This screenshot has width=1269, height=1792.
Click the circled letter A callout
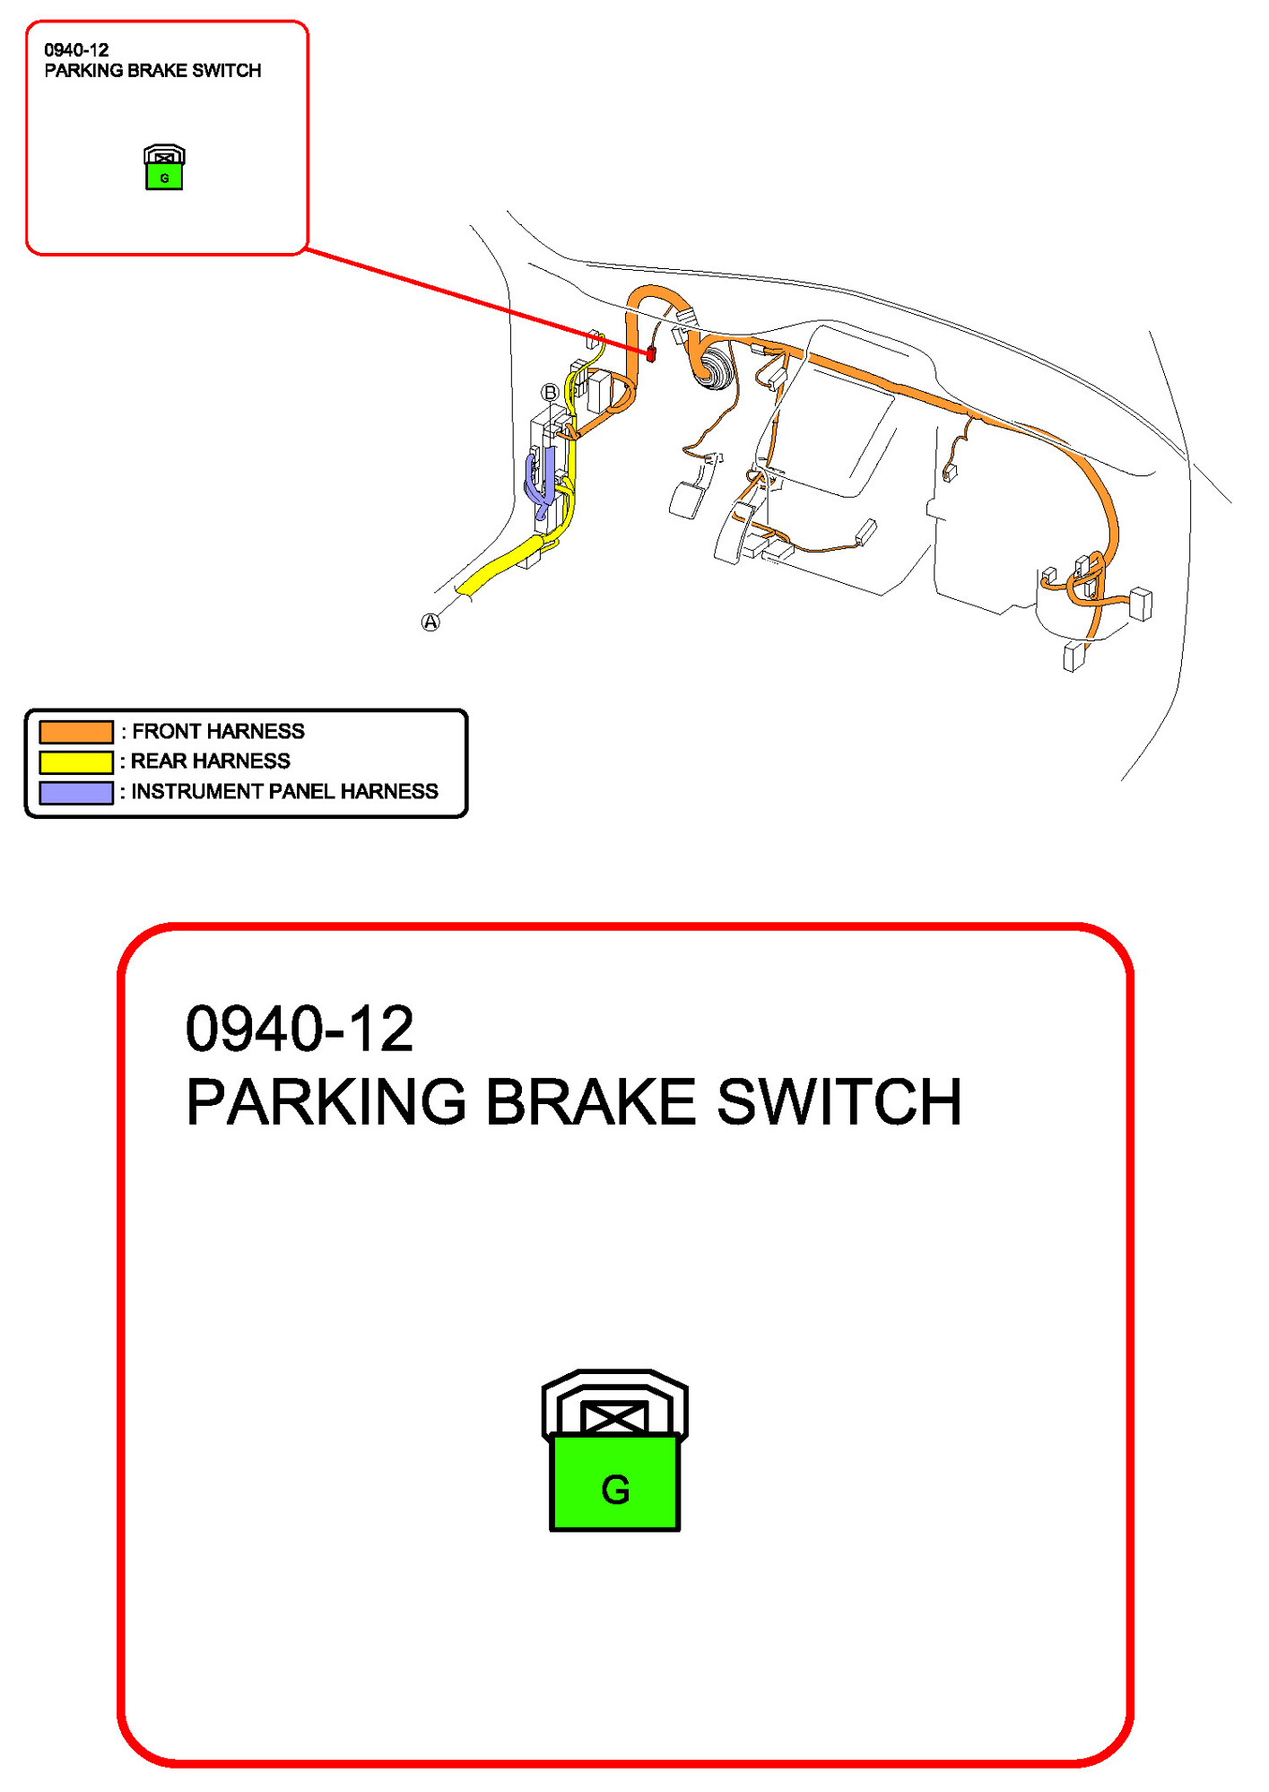click(x=430, y=622)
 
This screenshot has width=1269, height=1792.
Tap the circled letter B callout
click(x=550, y=392)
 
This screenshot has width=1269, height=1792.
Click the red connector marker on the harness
click(x=651, y=353)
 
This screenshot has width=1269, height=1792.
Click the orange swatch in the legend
click(x=76, y=732)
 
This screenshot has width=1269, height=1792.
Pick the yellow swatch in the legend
click(x=76, y=761)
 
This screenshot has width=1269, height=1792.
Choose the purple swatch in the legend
click(x=76, y=792)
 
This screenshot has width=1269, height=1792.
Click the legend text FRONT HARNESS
click(x=218, y=732)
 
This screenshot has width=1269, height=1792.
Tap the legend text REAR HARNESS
click(x=211, y=761)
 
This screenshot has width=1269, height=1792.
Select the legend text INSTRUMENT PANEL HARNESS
click(x=284, y=792)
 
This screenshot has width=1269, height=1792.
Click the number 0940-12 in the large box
click(x=300, y=1029)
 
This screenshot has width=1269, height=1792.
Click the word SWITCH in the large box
click(x=839, y=1102)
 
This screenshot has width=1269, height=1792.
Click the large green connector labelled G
click(x=615, y=1482)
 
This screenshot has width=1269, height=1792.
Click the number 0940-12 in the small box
click(x=76, y=50)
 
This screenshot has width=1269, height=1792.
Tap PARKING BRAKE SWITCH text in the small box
click(x=152, y=71)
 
